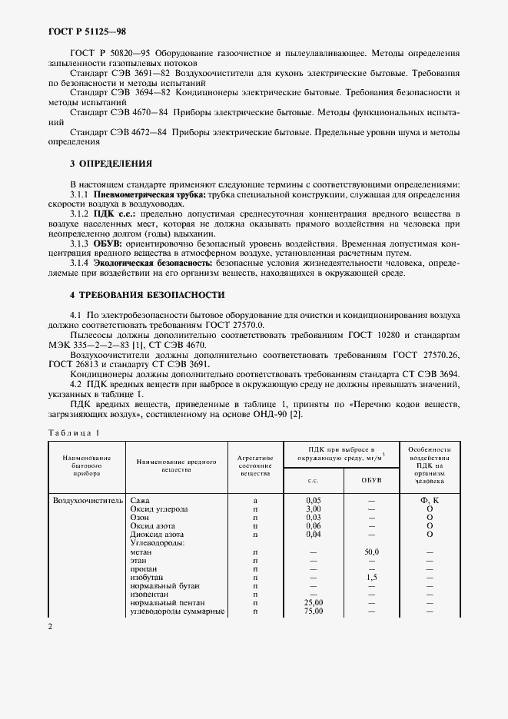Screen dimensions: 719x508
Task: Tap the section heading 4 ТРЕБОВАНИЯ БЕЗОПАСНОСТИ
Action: click(147, 294)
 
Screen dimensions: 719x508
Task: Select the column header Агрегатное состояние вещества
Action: click(254, 466)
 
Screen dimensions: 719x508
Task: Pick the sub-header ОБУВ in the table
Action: click(371, 480)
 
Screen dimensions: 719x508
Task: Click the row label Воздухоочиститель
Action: click(88, 500)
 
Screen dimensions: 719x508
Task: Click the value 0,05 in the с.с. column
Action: click(313, 500)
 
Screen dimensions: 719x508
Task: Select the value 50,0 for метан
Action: click(372, 552)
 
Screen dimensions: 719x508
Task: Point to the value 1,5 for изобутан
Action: click(372, 577)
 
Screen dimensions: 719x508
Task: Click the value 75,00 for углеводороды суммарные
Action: click(313, 611)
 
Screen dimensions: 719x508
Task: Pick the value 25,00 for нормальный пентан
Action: click(313, 602)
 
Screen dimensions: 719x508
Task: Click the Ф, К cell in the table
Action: click(429, 500)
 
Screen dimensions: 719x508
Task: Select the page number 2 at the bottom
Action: click(50, 628)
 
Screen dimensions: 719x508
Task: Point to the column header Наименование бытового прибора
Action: click(81, 465)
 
